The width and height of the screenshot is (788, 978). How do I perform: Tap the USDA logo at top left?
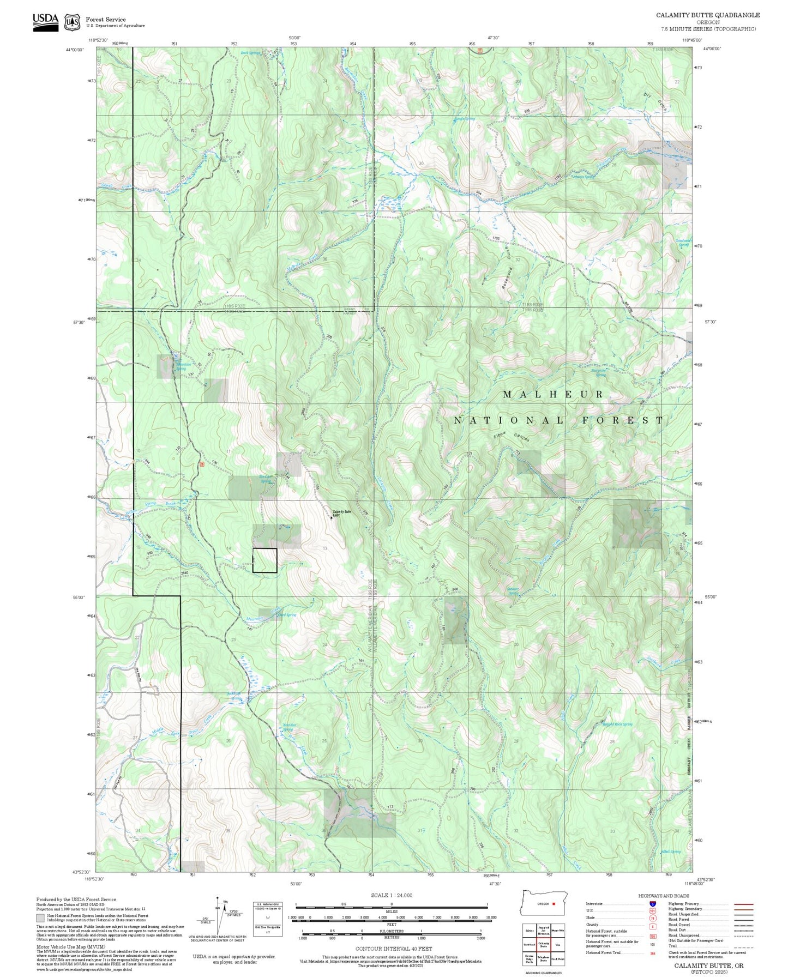(45, 22)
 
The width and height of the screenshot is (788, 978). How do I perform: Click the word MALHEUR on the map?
(553, 394)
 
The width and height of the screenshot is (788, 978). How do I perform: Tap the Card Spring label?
(287, 615)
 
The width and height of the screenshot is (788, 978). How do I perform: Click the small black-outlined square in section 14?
(264, 560)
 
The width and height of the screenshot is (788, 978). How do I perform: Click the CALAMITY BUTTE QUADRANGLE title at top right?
(707, 15)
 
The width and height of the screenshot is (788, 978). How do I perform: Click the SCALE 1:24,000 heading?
(391, 895)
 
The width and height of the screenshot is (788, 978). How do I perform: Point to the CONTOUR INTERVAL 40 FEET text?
(391, 949)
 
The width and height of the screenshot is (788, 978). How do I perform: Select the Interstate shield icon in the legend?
(652, 904)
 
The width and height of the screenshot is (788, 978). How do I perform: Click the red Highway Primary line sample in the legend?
(744, 904)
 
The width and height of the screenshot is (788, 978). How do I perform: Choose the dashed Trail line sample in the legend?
(744, 946)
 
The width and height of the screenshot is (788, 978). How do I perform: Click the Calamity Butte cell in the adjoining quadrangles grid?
(544, 944)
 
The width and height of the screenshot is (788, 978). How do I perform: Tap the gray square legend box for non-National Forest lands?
(40, 917)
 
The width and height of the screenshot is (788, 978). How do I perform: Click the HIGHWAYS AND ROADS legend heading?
(663, 896)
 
